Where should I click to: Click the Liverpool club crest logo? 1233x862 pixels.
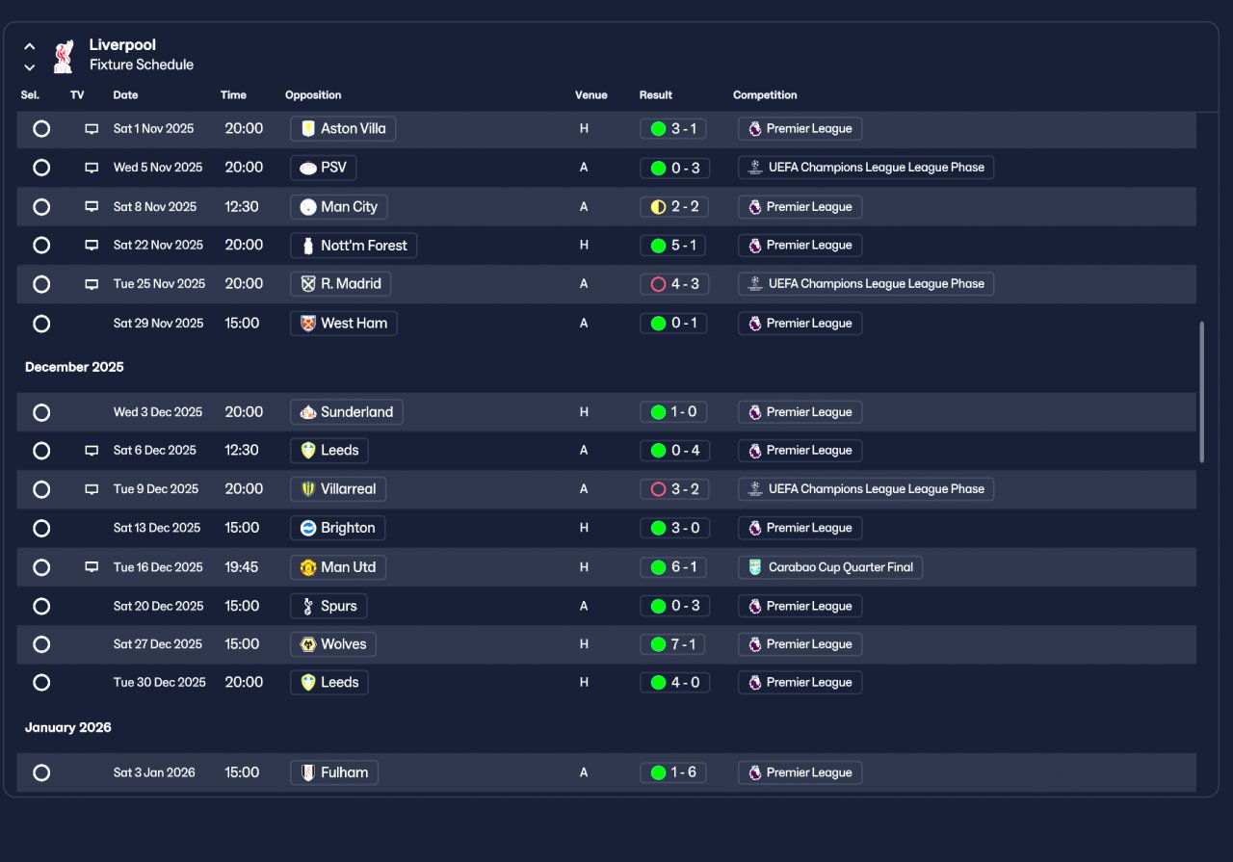pos(64,56)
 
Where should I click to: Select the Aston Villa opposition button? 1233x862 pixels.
pos(343,129)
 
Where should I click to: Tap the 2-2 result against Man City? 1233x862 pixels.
pos(674,207)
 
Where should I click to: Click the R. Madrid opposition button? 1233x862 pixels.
pos(341,284)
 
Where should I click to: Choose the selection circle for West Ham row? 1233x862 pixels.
pos(41,324)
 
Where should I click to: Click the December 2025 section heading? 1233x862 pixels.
pos(74,367)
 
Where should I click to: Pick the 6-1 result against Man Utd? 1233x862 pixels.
pos(673,567)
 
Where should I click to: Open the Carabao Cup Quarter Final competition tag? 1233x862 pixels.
pos(830,567)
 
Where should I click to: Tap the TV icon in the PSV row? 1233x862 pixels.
pos(92,168)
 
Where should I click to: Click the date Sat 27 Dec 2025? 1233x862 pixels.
pos(157,644)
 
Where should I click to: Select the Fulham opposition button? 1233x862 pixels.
pos(334,772)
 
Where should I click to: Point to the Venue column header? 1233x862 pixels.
pos(591,95)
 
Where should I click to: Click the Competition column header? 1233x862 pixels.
pos(765,95)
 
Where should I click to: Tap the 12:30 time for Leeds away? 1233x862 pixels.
pos(242,451)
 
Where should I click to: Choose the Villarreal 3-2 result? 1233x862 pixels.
pos(674,489)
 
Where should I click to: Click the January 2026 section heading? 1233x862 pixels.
pos(68,728)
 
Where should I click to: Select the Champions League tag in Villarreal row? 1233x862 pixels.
pos(866,489)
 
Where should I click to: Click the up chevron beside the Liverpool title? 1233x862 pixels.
pos(30,47)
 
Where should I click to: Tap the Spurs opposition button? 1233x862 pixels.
pos(328,606)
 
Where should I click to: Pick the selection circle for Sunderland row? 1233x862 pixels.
pos(41,412)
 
